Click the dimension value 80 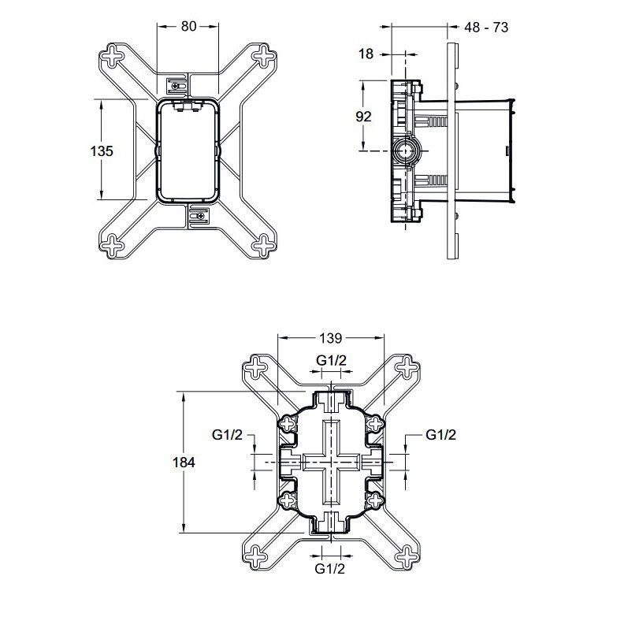[x=188, y=25]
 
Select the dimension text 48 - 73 [x=486, y=27]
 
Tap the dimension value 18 [x=366, y=54]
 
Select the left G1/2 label [x=227, y=434]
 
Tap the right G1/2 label [x=441, y=434]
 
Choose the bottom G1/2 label [x=330, y=568]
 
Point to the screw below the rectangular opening [x=198, y=215]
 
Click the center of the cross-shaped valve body [x=331, y=462]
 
